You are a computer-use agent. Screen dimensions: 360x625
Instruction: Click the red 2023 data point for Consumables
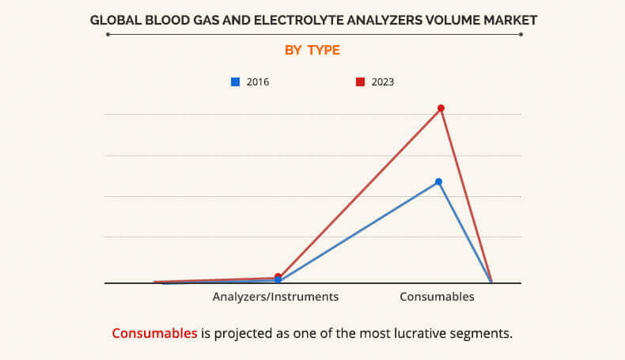441,108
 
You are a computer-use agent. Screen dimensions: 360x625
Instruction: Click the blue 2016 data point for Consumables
438,182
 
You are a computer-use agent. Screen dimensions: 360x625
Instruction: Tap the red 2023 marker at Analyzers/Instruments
278,277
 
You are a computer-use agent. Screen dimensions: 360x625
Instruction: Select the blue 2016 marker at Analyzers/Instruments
278,280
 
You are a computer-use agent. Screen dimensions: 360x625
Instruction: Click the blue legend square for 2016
235,81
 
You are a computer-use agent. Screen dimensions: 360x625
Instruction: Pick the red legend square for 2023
360,81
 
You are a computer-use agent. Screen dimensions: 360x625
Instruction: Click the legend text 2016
258,81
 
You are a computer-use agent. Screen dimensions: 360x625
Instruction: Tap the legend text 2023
382,81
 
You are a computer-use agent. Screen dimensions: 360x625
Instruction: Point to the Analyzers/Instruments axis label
275,297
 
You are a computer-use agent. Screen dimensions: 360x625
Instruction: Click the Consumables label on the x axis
437,297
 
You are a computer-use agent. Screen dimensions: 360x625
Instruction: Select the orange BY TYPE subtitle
312,51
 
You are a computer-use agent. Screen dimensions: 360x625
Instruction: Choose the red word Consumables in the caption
154,333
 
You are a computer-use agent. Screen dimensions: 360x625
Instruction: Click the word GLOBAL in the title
116,19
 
